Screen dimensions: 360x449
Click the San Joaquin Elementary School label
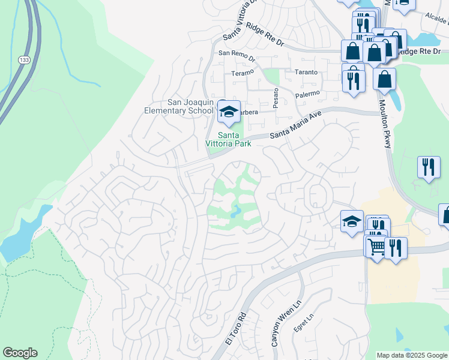(x=179, y=106)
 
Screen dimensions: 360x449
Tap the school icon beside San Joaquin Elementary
(x=228, y=112)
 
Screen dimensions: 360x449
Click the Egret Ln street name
(x=303, y=324)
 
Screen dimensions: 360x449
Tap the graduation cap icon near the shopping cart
(x=352, y=221)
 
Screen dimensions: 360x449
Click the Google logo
(x=20, y=353)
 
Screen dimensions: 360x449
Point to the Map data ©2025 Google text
(x=412, y=355)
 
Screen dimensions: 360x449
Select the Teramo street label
(x=243, y=74)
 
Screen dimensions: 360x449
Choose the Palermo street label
(x=307, y=94)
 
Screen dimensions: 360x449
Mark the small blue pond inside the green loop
(x=236, y=211)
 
